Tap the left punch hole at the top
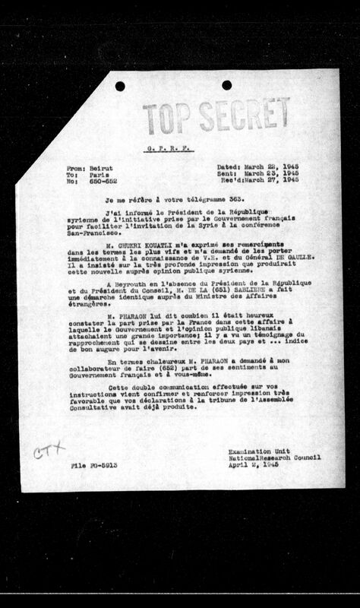tap(120, 86)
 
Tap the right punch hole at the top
tap(226, 85)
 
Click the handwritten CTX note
tap(50, 452)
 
